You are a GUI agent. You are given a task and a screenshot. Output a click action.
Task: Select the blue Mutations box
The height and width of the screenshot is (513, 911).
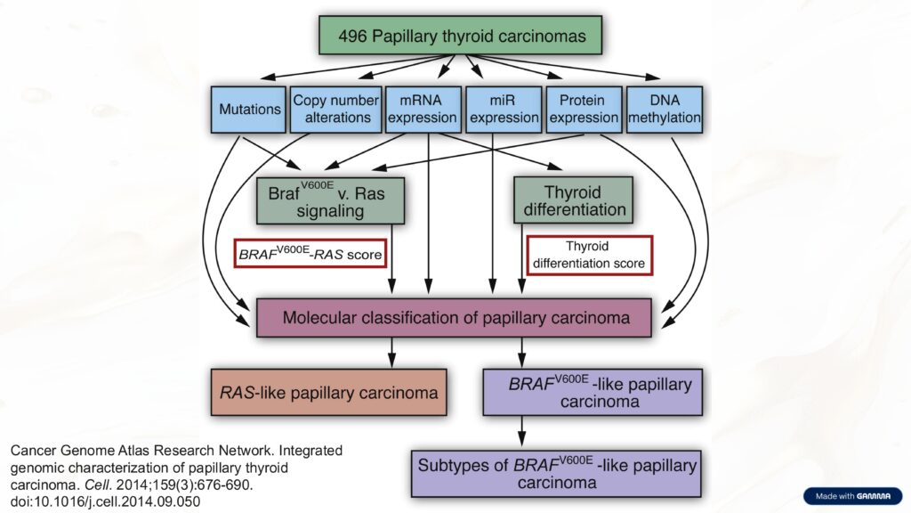(x=248, y=110)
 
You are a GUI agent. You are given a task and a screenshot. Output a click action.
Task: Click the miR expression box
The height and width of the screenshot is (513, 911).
(x=504, y=110)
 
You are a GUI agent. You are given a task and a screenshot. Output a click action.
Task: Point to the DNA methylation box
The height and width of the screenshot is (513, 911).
(x=664, y=110)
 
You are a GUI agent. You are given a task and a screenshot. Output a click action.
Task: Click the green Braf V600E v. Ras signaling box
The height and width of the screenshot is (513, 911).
(x=330, y=200)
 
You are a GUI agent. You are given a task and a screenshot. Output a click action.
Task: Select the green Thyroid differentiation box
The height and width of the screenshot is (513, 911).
(x=573, y=200)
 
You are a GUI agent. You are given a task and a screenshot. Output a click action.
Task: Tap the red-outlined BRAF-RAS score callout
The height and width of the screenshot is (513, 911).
(x=310, y=255)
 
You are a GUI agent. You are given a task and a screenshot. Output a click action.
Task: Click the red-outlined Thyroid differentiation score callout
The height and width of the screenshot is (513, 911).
(x=589, y=255)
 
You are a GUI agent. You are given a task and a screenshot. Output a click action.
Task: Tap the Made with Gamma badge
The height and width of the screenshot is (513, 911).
(x=851, y=496)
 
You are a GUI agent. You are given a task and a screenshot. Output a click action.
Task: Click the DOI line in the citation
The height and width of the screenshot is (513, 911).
(x=105, y=501)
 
